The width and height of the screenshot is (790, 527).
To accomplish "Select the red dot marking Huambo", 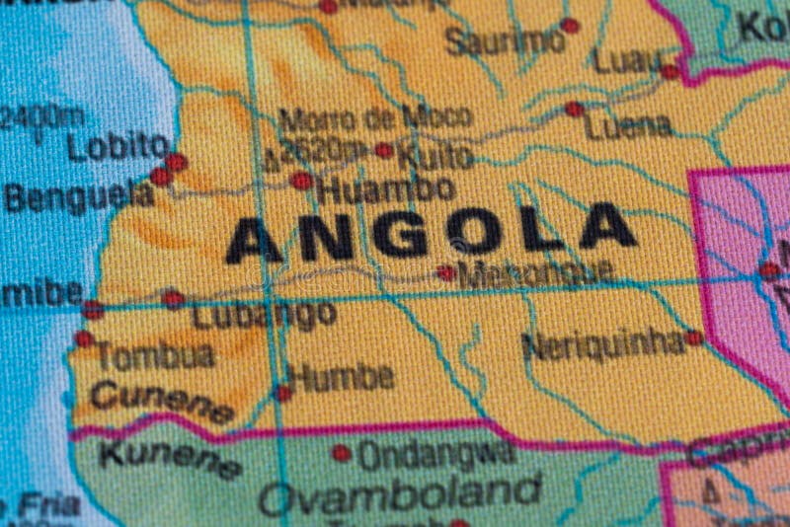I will pyautogui.click(x=302, y=182).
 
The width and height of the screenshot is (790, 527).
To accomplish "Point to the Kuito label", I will pyautogui.click(x=435, y=155).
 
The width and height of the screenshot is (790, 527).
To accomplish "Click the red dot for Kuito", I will pyautogui.click(x=384, y=150).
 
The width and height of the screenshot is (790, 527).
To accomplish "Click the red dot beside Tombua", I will pyautogui.click(x=84, y=339).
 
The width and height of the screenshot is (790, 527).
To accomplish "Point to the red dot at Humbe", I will pyautogui.click(x=283, y=393).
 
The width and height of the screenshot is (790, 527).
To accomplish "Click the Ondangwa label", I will pyautogui.click(x=435, y=455).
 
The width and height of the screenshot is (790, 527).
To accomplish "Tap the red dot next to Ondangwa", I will pyautogui.click(x=342, y=453).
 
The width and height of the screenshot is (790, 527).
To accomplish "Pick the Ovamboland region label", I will pyautogui.click(x=400, y=493).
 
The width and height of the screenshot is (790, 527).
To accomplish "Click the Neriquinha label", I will pyautogui.click(x=603, y=344).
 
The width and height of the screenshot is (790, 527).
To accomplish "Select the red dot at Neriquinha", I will pyautogui.click(x=694, y=338).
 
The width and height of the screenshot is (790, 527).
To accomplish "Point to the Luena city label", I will pyautogui.click(x=628, y=126).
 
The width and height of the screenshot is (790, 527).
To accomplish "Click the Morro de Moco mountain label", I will pyautogui.click(x=374, y=119).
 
